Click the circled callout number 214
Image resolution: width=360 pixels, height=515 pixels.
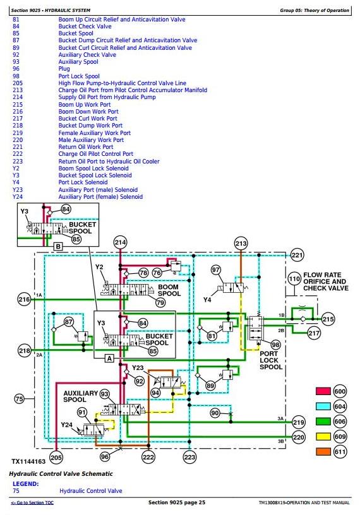[x=120, y=243]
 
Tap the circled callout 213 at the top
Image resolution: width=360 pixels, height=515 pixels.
[x=241, y=244]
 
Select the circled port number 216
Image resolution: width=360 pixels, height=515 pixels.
[x=25, y=299]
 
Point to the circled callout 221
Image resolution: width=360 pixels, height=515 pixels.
[x=297, y=255]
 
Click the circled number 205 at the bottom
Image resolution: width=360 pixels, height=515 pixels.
[x=56, y=457]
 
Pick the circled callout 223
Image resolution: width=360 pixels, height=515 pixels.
[x=189, y=457]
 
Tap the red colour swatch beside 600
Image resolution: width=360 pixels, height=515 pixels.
[x=323, y=391]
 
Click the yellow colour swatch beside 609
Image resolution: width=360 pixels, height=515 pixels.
[x=323, y=437]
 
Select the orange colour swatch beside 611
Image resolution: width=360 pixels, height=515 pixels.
[x=323, y=452]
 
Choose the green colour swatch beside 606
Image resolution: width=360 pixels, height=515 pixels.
[x=323, y=422]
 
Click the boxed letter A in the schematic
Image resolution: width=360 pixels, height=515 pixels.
[x=109, y=358]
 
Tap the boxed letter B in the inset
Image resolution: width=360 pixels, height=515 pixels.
[x=58, y=246]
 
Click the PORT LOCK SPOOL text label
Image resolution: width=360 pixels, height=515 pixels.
[x=270, y=360]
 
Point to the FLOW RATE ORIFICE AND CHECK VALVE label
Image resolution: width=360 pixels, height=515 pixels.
[x=325, y=281]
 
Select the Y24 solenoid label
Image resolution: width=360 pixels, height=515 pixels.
[x=66, y=425]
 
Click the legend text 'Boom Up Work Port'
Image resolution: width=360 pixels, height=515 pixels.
[x=85, y=104]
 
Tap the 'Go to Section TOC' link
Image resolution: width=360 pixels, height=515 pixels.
[x=32, y=502]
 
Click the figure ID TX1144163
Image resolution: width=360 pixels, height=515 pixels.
[x=28, y=461]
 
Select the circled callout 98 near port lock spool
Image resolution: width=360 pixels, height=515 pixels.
[x=275, y=345]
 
